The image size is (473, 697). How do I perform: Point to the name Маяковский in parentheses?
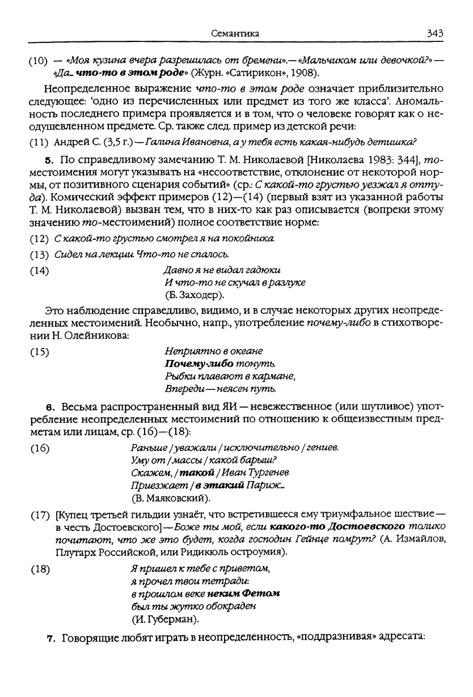point(174,498)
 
